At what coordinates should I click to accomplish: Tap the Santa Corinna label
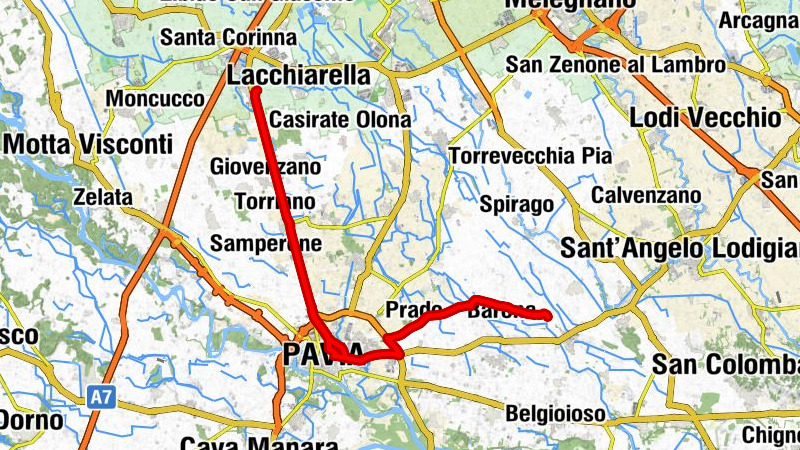point(229,38)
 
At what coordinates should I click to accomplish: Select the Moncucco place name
point(154,100)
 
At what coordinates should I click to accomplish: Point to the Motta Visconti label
point(88,144)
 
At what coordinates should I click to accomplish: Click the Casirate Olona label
point(340,120)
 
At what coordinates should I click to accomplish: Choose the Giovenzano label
point(266,167)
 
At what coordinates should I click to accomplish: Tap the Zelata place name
point(104,198)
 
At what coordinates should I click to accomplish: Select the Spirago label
point(516,205)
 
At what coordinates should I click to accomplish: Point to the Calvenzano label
point(646,195)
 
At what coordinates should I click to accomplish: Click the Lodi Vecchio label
point(704,117)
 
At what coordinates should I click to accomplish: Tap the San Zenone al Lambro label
point(615,65)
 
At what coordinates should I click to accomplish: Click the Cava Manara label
point(245,444)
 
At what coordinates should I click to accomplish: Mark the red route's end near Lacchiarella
point(256,91)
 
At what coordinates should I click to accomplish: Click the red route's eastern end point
point(548,317)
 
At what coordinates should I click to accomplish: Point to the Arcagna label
point(758,20)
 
